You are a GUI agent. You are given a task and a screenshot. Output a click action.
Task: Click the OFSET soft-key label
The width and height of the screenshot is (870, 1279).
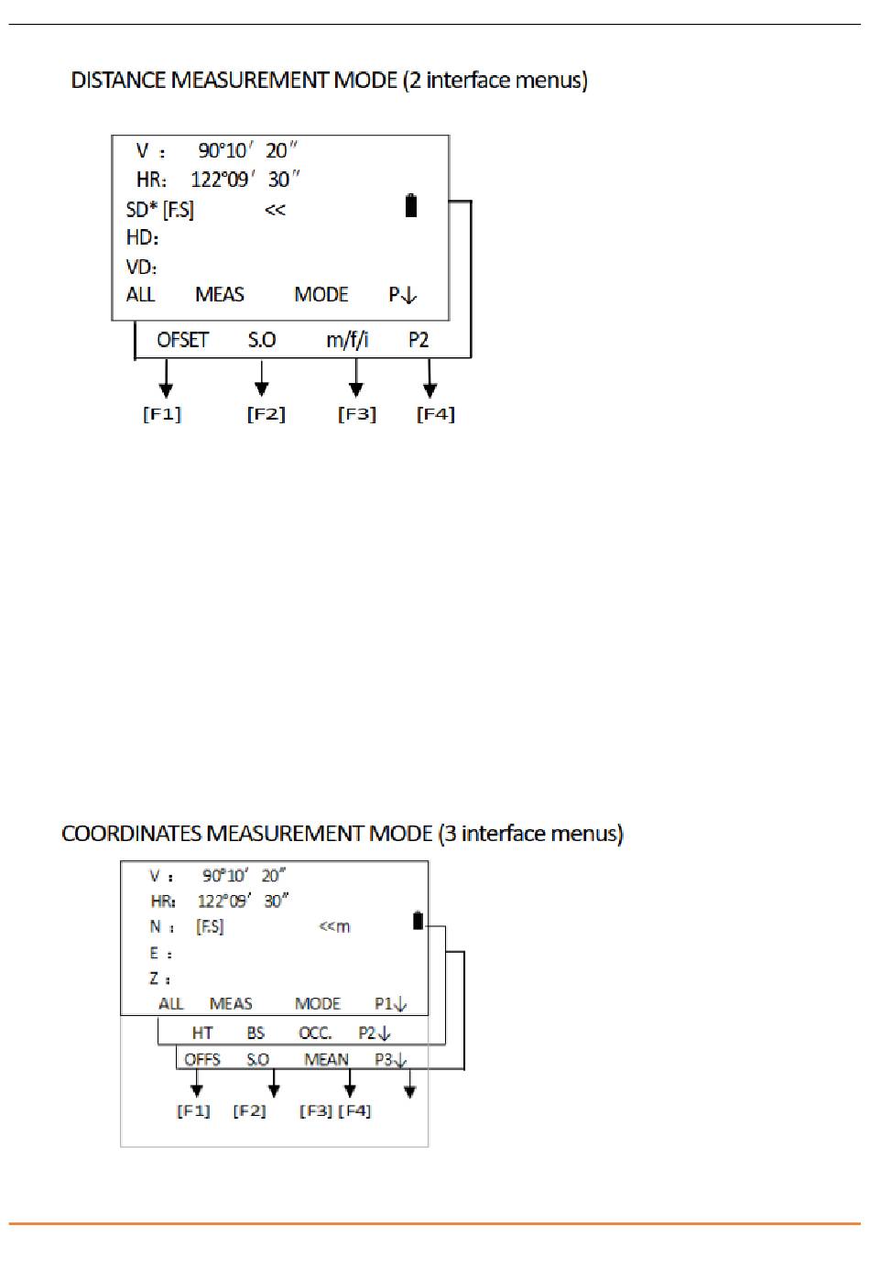click(x=182, y=340)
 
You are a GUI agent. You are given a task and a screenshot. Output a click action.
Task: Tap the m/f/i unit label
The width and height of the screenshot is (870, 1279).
click(x=347, y=340)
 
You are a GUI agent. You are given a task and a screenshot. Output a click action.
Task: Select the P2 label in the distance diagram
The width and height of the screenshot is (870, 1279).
click(x=419, y=340)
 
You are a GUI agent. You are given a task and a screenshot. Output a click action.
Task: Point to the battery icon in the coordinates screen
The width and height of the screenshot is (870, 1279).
click(x=419, y=920)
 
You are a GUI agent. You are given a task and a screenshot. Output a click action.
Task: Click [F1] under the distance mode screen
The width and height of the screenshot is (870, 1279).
click(x=162, y=414)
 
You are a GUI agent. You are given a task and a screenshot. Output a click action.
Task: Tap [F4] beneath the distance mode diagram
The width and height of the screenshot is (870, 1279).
click(x=436, y=414)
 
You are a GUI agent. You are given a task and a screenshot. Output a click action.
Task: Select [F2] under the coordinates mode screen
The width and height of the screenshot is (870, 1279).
click(x=249, y=1110)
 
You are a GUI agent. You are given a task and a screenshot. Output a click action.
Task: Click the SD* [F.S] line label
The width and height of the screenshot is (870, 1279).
click(x=160, y=210)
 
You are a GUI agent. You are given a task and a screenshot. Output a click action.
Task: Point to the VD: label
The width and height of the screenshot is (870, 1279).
click(x=142, y=267)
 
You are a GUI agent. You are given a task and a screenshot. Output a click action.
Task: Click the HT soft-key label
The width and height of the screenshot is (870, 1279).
click(x=202, y=1033)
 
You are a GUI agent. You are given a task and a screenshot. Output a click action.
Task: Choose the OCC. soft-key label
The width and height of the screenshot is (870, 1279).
click(x=315, y=1033)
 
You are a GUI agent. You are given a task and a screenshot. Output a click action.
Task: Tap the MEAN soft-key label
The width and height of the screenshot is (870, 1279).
click(x=326, y=1059)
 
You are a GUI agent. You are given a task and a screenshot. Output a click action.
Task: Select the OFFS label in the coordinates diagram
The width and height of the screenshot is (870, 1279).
click(x=202, y=1059)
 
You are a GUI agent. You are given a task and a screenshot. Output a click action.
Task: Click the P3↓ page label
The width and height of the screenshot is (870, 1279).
click(x=391, y=1059)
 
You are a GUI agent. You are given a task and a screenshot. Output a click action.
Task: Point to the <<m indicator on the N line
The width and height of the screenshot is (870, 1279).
click(x=334, y=926)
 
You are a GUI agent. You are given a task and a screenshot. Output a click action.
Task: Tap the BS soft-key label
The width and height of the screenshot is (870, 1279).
click(x=256, y=1033)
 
